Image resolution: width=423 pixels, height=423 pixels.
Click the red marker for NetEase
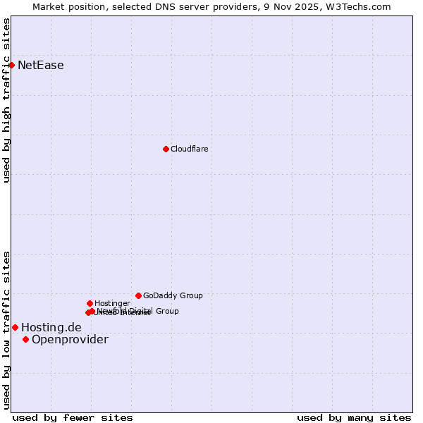[x=11, y=65]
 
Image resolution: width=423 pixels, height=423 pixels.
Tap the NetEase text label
[x=41, y=66]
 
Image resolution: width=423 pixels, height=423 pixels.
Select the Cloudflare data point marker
[x=166, y=149]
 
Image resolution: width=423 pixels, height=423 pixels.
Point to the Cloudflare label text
[x=189, y=149]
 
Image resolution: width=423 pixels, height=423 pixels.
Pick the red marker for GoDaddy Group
[x=138, y=295]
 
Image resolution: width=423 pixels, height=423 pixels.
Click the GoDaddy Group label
[x=173, y=295]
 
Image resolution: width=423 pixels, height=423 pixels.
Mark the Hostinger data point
[x=90, y=303]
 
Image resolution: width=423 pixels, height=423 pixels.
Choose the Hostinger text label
[x=112, y=303]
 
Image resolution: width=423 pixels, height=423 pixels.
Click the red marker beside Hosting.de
[x=15, y=327]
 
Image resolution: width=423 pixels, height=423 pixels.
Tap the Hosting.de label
[x=51, y=327]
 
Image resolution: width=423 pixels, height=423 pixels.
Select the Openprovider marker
[x=25, y=339]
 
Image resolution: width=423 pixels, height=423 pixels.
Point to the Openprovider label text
[x=70, y=340]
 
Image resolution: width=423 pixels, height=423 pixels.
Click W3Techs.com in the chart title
[x=362, y=6]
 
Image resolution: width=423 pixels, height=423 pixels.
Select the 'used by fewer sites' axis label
[x=73, y=417]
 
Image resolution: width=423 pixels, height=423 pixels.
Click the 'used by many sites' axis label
[x=354, y=417]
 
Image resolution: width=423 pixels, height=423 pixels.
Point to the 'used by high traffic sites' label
[x=6, y=100]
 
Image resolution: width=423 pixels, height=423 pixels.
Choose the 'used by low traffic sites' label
[x=6, y=330]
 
